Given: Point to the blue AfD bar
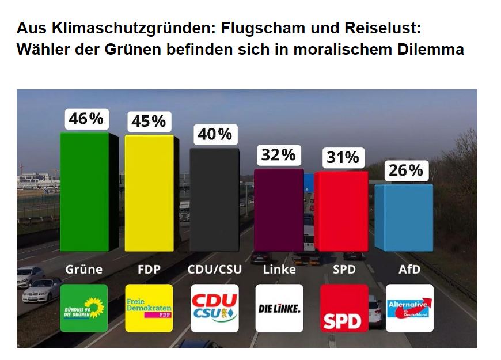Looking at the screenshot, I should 404,217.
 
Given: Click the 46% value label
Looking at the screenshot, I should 86,119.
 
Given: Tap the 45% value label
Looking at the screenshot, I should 149,121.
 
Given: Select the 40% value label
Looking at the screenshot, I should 214,134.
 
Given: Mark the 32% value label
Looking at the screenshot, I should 279,155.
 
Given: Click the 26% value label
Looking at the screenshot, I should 406,170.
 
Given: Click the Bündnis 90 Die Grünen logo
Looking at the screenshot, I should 83,308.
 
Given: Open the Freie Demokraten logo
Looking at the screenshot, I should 149,308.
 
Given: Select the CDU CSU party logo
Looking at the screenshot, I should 214,308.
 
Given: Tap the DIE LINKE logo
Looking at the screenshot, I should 279,308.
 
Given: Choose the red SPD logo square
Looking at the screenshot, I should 344,308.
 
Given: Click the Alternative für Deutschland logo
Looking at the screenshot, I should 409,308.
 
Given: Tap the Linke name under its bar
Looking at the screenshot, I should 279,269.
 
